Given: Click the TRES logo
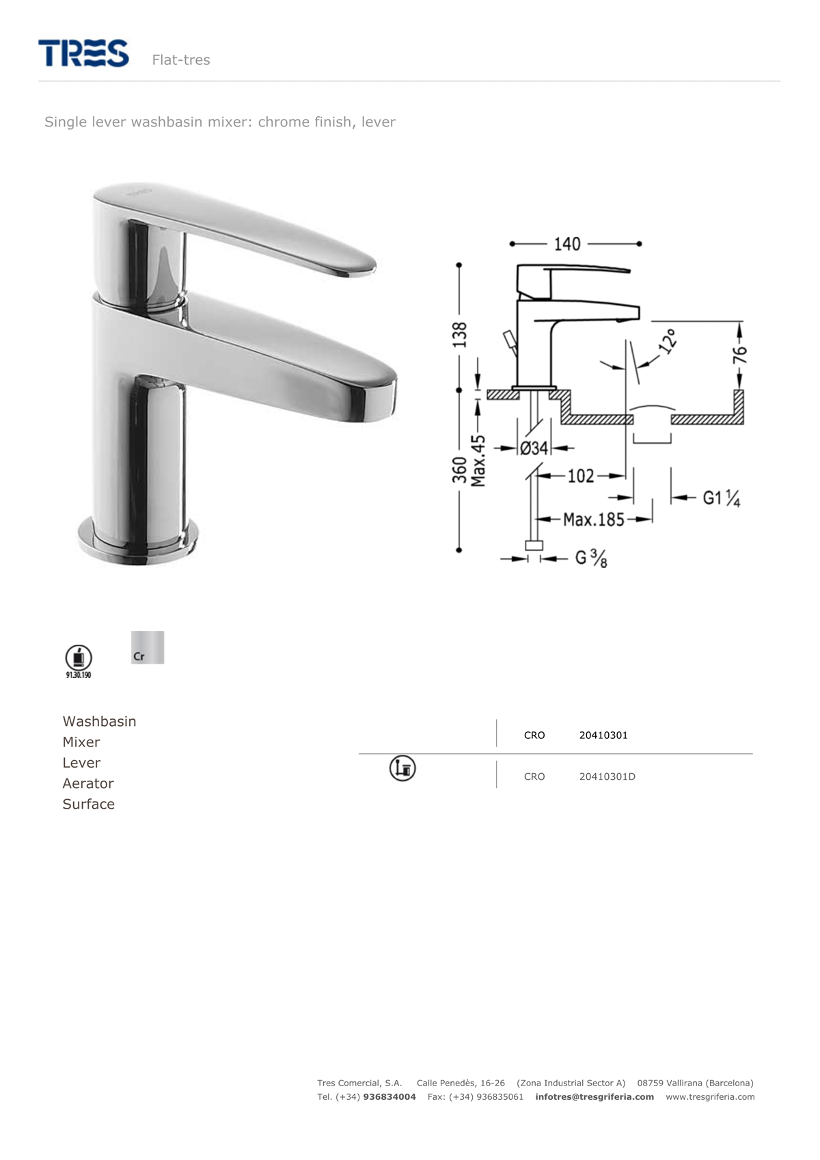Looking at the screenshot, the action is [83, 53].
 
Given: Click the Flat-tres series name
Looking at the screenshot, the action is [181, 60].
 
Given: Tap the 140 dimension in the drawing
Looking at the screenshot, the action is [567, 244].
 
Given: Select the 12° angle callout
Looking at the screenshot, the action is [668, 340].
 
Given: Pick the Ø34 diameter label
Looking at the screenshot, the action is [534, 448].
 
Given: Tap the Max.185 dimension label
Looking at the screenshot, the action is [594, 519].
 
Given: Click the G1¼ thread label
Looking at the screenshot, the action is [721, 498].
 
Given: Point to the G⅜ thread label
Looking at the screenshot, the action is [591, 558].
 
